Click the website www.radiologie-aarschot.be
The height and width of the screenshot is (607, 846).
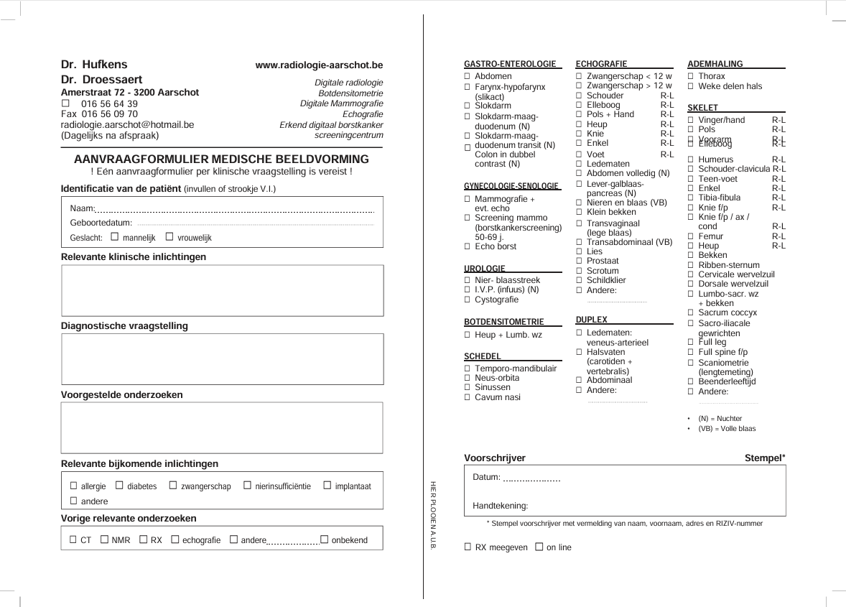(x=319, y=65)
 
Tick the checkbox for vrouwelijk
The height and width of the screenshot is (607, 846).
(x=169, y=237)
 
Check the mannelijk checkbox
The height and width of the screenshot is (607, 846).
(x=115, y=237)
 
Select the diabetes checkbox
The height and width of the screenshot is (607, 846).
(x=119, y=486)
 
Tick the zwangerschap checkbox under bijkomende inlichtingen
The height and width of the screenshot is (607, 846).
(x=173, y=486)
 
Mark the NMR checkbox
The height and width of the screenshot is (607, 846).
(x=104, y=539)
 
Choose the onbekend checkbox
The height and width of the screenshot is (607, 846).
(x=324, y=539)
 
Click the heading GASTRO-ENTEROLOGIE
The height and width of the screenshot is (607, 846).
(x=510, y=64)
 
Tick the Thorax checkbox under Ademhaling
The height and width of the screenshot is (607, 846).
(x=691, y=76)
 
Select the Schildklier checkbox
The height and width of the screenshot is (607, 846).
(x=580, y=281)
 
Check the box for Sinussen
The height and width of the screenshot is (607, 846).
(x=468, y=388)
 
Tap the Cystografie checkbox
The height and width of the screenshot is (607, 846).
(x=468, y=300)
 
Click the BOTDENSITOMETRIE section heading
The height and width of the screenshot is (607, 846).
(x=504, y=322)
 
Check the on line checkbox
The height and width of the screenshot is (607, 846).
(x=539, y=547)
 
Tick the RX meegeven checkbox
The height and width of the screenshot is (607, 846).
(x=468, y=547)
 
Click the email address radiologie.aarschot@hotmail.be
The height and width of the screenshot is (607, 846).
(x=128, y=124)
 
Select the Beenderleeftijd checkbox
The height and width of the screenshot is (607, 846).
(x=691, y=382)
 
